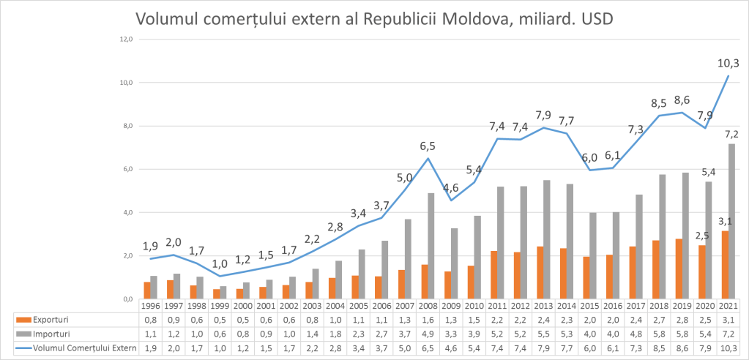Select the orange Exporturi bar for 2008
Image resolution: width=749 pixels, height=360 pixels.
tap(424, 282)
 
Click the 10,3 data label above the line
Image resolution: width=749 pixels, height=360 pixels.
tap(728, 63)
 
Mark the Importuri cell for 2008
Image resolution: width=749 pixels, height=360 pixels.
tap(428, 334)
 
